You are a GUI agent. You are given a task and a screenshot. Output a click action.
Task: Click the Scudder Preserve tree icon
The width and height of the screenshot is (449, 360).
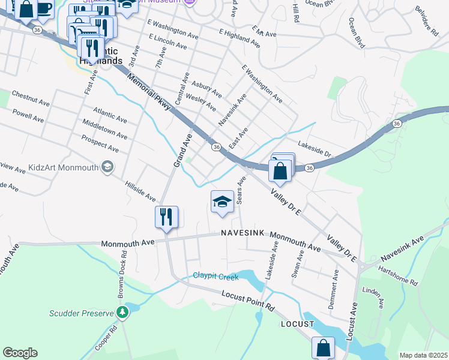point(122,313)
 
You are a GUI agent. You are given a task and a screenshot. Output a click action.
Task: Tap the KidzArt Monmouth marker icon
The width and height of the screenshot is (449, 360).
point(107,167)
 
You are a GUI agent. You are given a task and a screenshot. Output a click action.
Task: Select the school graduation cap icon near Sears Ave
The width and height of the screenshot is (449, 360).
point(221,202)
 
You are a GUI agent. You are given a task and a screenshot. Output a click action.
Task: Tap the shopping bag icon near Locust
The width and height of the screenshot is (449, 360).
point(323,347)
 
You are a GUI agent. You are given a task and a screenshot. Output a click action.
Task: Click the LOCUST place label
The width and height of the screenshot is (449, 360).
point(297,324)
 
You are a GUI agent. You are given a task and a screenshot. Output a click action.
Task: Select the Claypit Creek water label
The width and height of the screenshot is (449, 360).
point(215,277)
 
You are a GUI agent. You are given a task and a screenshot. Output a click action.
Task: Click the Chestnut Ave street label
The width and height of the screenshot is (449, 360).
point(30,99)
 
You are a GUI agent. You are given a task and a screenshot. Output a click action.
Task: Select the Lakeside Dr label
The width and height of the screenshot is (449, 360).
point(314,149)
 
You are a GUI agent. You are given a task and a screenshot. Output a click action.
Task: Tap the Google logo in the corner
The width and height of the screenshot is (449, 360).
point(20,353)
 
